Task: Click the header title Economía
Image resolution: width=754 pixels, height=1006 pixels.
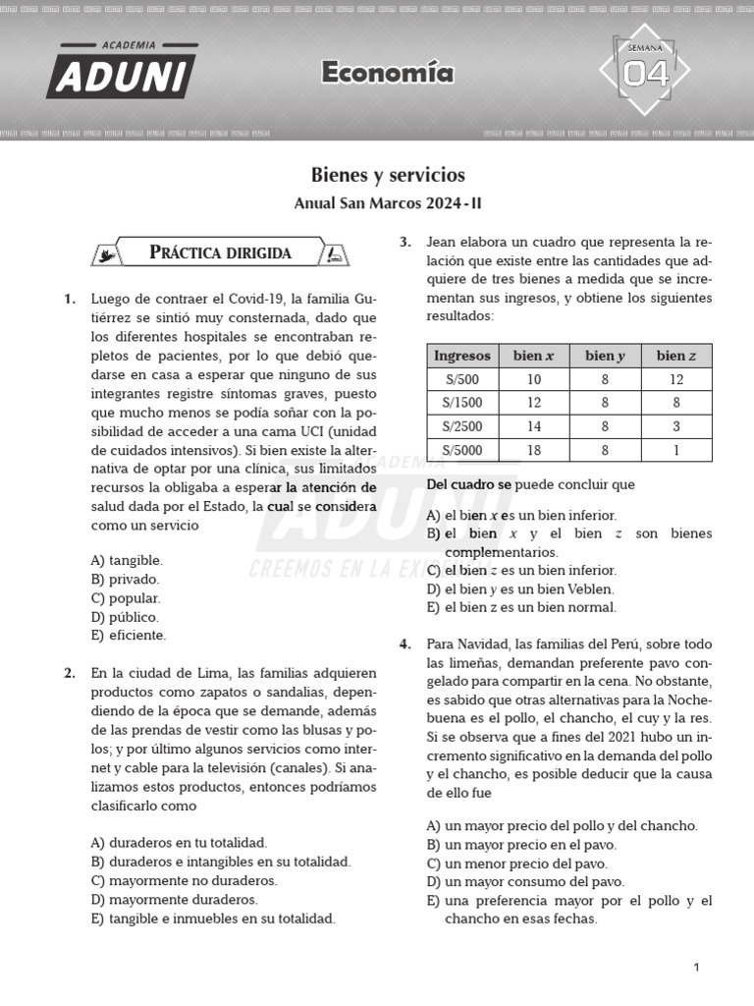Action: pos(387,73)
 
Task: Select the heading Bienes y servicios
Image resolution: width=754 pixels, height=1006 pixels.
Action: pos(388,175)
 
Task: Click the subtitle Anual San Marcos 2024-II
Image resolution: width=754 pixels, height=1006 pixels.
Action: pos(388,204)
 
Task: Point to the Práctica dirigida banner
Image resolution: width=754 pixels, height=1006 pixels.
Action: pos(220,252)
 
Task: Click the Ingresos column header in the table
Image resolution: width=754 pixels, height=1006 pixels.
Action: pos(461,356)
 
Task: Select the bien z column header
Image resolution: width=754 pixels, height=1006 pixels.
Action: pos(676,356)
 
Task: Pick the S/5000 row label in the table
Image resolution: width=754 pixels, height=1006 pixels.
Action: pos(461,450)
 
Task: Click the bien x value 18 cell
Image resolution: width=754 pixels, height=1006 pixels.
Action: pos(533,450)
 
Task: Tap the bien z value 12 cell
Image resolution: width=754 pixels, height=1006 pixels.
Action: pos(676,379)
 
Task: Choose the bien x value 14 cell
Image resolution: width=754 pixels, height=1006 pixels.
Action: pos(533,426)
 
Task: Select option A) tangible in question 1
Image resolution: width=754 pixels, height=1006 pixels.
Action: pos(127,560)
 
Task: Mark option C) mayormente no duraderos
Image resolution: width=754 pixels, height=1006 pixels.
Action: pos(184,880)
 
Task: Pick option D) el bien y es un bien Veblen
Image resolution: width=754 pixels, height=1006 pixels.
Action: pos(520,588)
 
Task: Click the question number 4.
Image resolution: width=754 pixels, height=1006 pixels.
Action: pos(404,644)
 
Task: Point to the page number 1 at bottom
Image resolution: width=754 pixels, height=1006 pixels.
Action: pos(696,968)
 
